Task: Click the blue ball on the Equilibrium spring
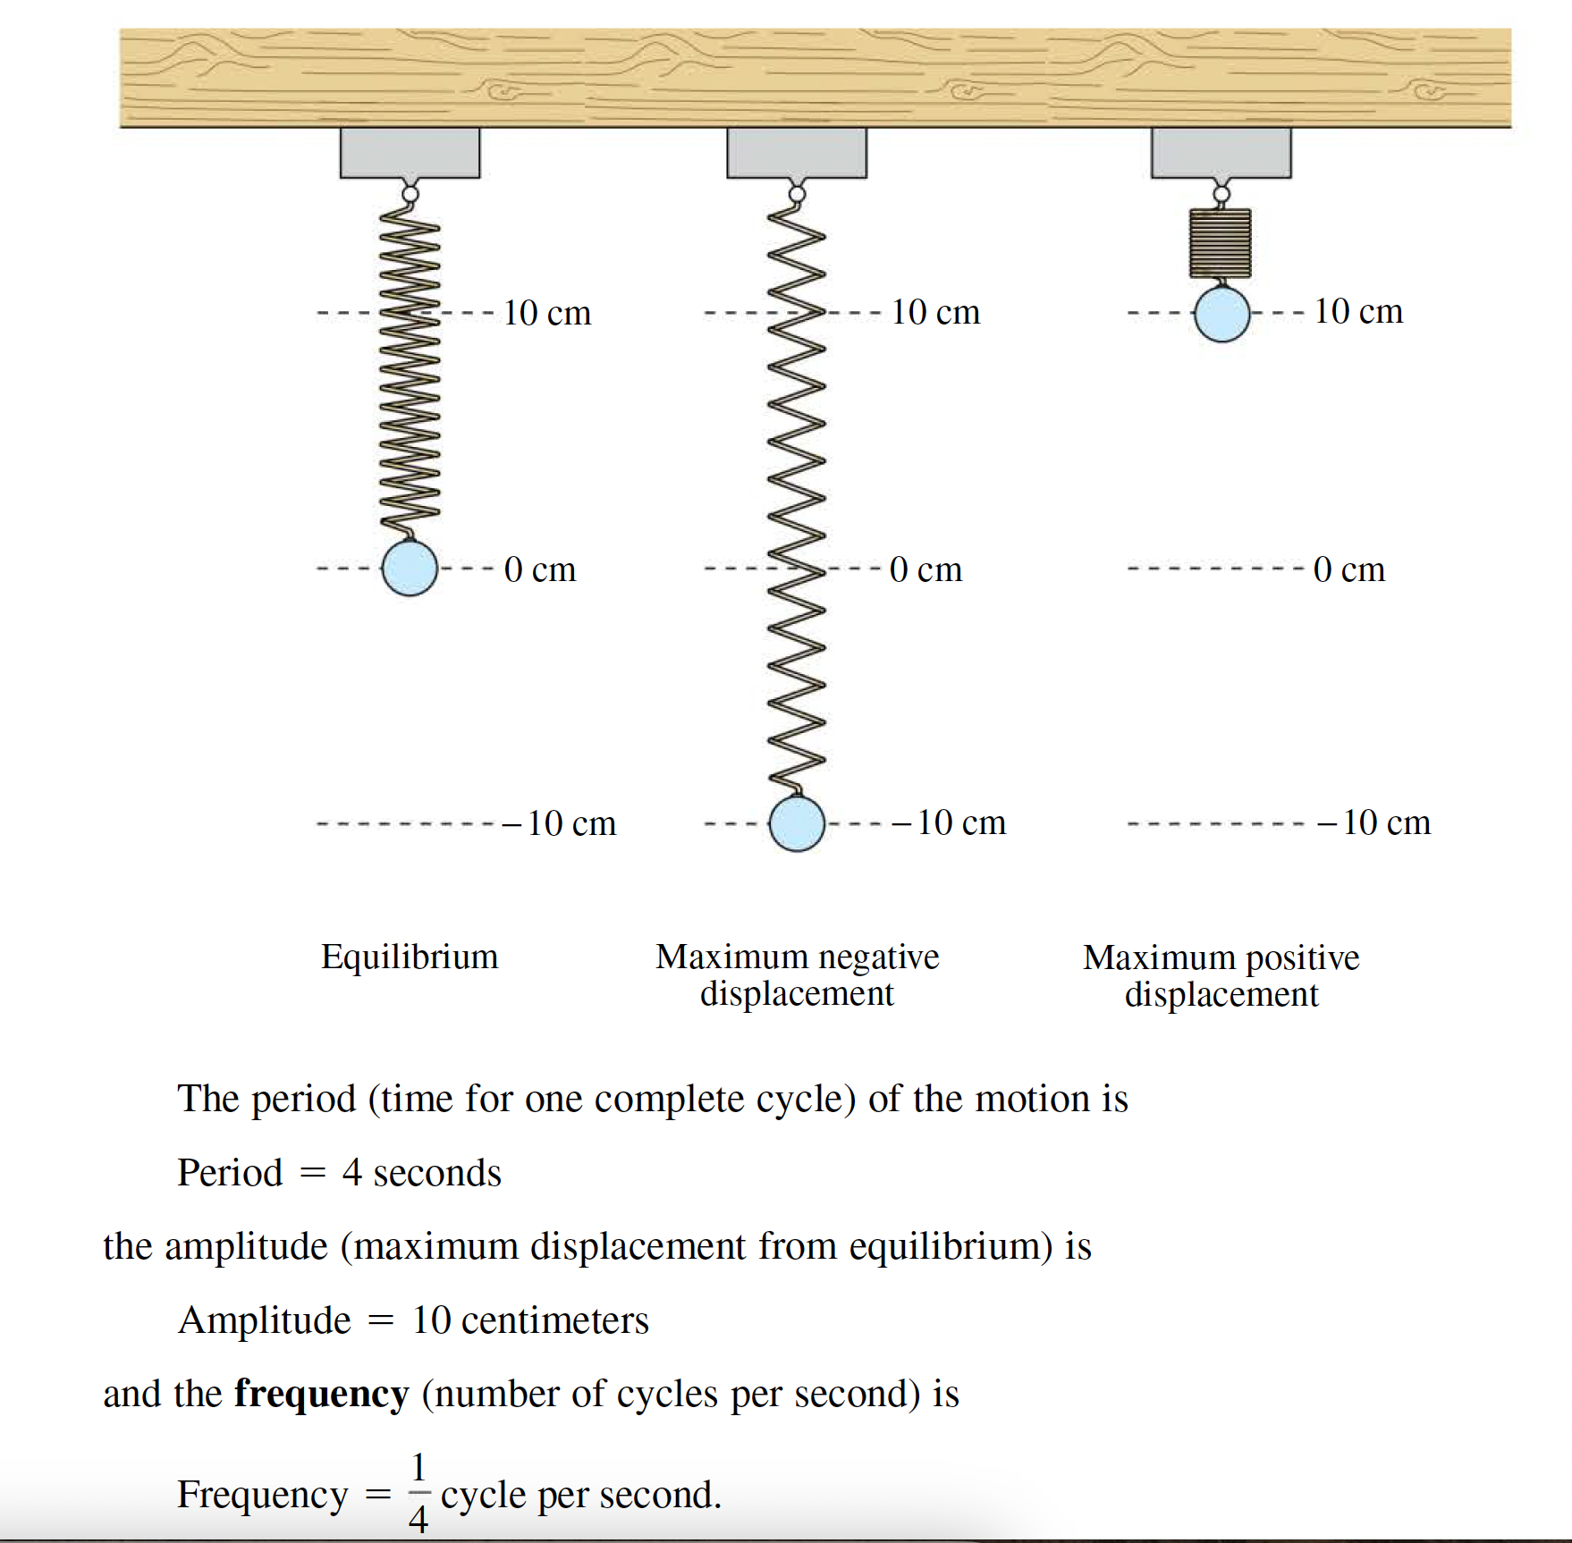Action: (x=410, y=568)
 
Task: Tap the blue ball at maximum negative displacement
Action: (x=797, y=823)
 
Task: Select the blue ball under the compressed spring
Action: (x=1221, y=314)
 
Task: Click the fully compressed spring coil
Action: (x=1220, y=242)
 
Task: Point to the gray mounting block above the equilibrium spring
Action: (x=410, y=153)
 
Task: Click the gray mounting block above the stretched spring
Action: (x=797, y=153)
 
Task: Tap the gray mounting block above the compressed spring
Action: (x=1221, y=153)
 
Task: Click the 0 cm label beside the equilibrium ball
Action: (x=540, y=569)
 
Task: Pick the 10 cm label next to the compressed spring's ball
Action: (x=1358, y=311)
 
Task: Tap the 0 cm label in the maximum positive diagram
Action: (x=1349, y=569)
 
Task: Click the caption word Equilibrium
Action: (x=410, y=957)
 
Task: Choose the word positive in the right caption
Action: (x=1302, y=957)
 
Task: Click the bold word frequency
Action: (x=322, y=1394)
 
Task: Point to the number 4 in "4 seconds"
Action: (x=351, y=1173)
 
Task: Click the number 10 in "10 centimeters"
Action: (x=431, y=1320)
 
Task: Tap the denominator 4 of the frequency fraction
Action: (x=418, y=1518)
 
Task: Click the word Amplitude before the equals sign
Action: (x=265, y=1320)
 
